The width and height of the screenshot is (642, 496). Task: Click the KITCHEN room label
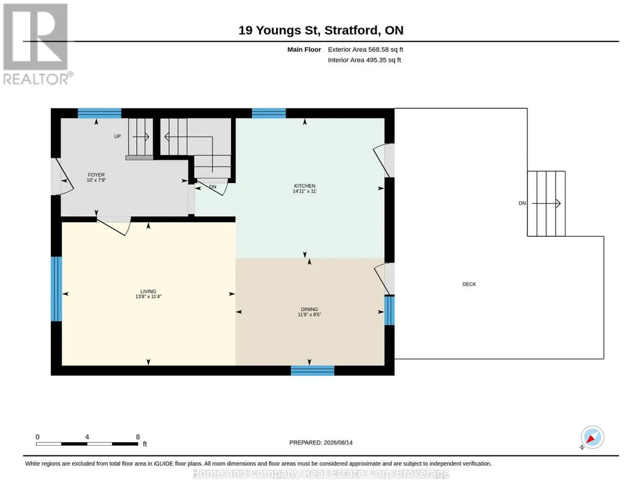pyautogui.click(x=304, y=186)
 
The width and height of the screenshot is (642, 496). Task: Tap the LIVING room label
pyautogui.click(x=148, y=291)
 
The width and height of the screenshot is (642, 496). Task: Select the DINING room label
pyautogui.click(x=309, y=309)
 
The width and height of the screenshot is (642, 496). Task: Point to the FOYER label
pyautogui.click(x=96, y=175)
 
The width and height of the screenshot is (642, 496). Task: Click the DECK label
pyautogui.click(x=469, y=284)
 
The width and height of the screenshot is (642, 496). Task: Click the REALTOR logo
pyautogui.click(x=37, y=44)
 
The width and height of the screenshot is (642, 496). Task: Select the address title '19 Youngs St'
pyautogui.click(x=281, y=30)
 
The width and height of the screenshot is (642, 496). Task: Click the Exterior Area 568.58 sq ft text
pyautogui.click(x=366, y=49)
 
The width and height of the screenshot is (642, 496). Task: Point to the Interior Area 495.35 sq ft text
pyautogui.click(x=365, y=59)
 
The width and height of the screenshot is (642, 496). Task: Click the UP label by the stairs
pyautogui.click(x=118, y=137)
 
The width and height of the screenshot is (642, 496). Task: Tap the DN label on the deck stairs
pyautogui.click(x=522, y=203)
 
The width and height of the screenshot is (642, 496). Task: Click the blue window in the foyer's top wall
pyautogui.click(x=100, y=113)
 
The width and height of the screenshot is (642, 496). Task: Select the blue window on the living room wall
pyautogui.click(x=56, y=289)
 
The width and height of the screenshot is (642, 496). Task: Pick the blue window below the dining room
pyautogui.click(x=313, y=370)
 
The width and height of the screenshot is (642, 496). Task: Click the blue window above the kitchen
pyautogui.click(x=269, y=113)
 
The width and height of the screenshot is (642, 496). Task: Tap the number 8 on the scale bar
pyautogui.click(x=138, y=437)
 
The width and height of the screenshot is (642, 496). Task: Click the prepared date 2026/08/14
pyautogui.click(x=338, y=442)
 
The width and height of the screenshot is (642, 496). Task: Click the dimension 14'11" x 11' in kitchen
pyautogui.click(x=304, y=191)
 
